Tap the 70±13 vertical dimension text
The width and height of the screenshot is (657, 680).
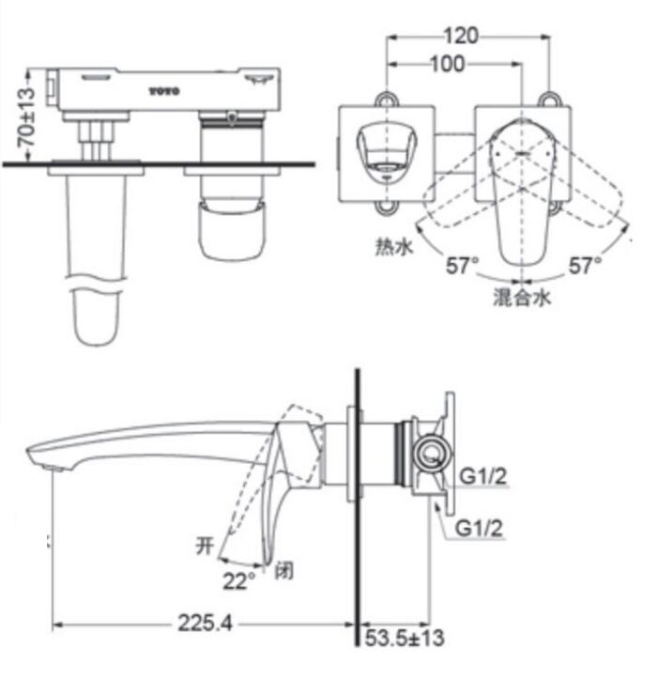pos(27,115)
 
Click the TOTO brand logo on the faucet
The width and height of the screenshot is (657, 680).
pos(167,92)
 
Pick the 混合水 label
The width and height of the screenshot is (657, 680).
pos(522,299)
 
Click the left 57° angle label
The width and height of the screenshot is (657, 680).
pos(463,267)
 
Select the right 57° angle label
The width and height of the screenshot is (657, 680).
pos(585,267)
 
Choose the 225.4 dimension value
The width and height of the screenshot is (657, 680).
pos(203,623)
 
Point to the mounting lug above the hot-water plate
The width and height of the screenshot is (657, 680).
pos(385,97)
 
